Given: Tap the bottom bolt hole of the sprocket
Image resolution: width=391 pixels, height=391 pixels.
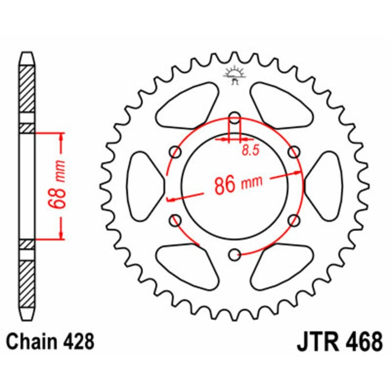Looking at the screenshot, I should [x=235, y=254].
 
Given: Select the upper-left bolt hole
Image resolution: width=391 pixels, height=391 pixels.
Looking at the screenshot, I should [x=175, y=151].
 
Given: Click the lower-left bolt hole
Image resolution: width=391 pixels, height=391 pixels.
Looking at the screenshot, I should [x=175, y=219].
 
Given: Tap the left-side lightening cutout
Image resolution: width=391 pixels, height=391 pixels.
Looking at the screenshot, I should [x=143, y=185].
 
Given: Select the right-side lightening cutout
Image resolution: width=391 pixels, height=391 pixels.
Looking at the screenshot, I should [x=326, y=185].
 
